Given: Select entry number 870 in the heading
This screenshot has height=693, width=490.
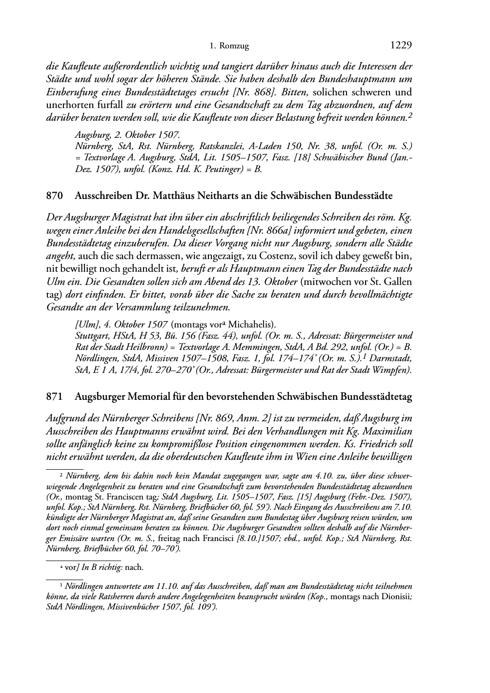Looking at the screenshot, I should tap(55, 196).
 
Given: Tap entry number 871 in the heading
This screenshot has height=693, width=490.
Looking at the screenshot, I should tap(55, 397).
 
